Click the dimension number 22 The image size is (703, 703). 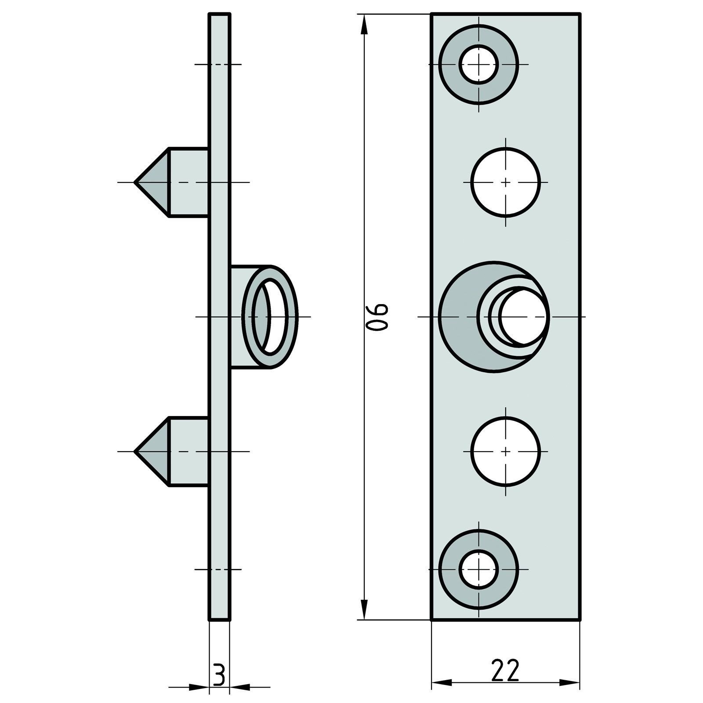pyautogui.click(x=505, y=670)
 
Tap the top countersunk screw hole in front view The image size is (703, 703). pyautogui.click(x=478, y=65)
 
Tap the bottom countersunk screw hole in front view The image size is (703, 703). pyautogui.click(x=478, y=569)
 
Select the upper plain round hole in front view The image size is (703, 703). pyautogui.click(x=506, y=182)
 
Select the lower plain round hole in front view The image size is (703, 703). pyautogui.click(x=506, y=451)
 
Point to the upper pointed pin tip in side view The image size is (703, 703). pyautogui.click(x=137, y=182)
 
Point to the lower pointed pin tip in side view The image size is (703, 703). pyautogui.click(x=137, y=451)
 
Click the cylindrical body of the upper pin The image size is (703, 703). pyautogui.click(x=188, y=182)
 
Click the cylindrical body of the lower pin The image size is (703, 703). pyautogui.click(x=188, y=451)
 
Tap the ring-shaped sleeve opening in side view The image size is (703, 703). pyautogui.click(x=271, y=316)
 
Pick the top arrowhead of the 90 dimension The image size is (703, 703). pyautogui.click(x=364, y=24)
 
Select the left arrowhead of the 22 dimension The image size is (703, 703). pyautogui.click(x=442, y=682)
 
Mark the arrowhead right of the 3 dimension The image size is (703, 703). pyautogui.click(x=240, y=687)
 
